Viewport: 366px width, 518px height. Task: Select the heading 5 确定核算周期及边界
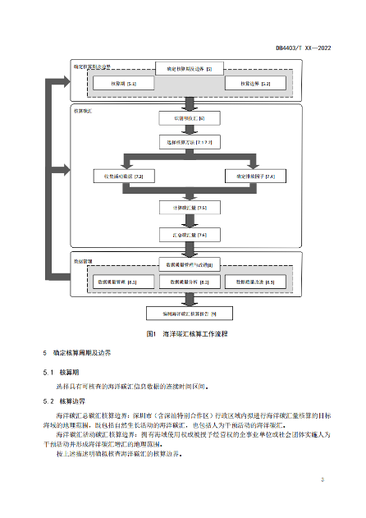pos(76,352)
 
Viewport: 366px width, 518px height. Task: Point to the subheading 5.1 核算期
pos(59,372)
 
